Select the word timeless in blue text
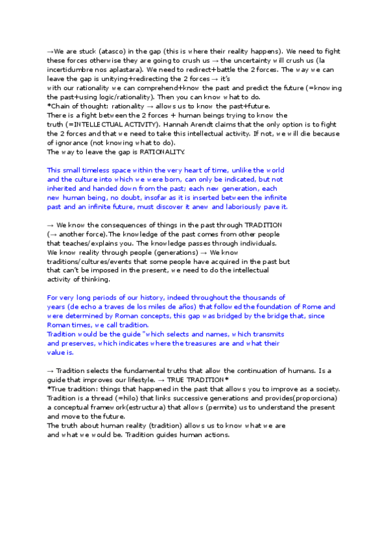click(97, 170)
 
